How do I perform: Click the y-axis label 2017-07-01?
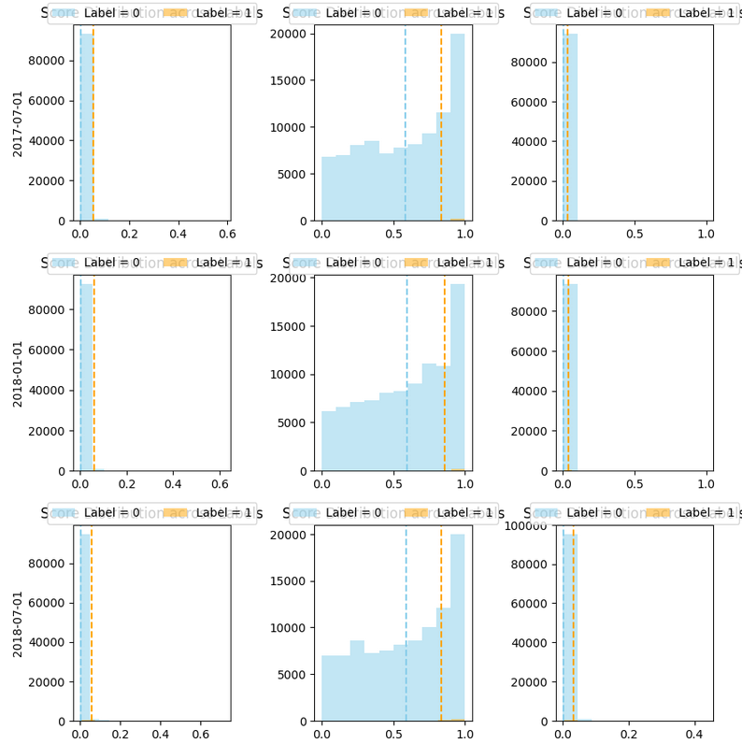click(18, 122)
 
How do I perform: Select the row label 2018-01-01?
click(18, 373)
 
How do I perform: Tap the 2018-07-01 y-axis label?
click(18, 622)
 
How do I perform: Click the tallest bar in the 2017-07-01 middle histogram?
click(457, 127)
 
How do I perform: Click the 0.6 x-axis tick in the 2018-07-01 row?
click(200, 736)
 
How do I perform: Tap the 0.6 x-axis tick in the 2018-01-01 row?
click(220, 485)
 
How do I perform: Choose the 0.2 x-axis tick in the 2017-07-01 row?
click(129, 236)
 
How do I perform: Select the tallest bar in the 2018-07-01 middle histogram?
click(457, 627)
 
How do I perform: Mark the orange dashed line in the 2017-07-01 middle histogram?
click(442, 122)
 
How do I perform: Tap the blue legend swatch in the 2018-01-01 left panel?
click(64, 263)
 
